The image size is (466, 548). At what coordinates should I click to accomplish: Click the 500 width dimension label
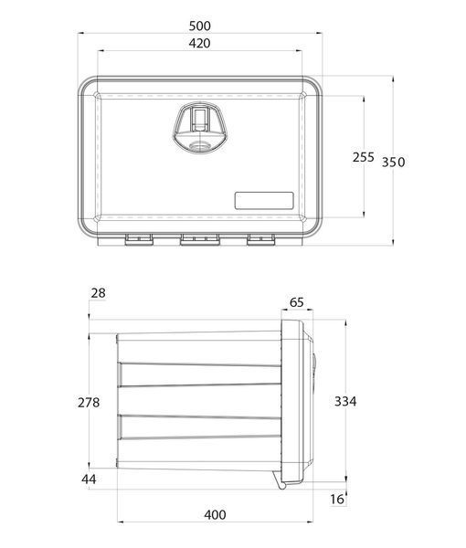click(x=199, y=26)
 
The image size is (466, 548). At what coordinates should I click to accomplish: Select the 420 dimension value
click(x=199, y=43)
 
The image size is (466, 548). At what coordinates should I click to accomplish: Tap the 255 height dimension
click(x=364, y=157)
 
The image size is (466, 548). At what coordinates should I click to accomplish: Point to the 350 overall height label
click(x=393, y=163)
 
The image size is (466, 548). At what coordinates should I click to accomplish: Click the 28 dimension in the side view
click(x=98, y=293)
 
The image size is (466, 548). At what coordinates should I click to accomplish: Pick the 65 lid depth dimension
click(x=296, y=302)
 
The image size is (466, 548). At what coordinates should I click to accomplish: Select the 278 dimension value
click(x=89, y=403)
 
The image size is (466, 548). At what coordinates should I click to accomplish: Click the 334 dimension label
click(x=345, y=401)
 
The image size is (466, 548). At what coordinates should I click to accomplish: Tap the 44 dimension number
click(x=89, y=479)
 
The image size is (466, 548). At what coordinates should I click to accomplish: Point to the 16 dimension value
click(x=337, y=500)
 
